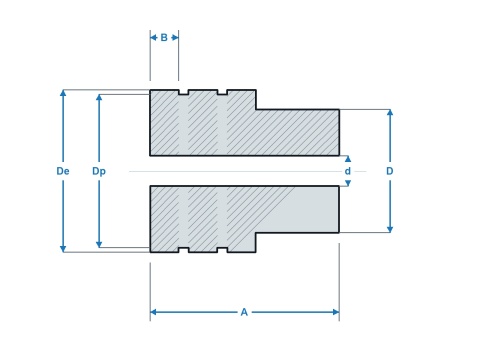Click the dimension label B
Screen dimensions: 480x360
coord(164,38)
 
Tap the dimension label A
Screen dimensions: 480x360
coord(244,312)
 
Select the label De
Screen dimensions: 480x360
coord(63,171)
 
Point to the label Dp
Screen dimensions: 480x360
coord(99,171)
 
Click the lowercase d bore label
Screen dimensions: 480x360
coord(348,171)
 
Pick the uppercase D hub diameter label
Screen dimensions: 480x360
coord(390,171)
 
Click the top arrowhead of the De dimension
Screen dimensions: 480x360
coord(63,93)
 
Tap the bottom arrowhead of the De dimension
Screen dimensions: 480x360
coord(63,249)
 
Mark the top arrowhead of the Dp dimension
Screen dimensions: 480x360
coord(99,98)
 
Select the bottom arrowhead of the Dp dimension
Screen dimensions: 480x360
coord(99,244)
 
